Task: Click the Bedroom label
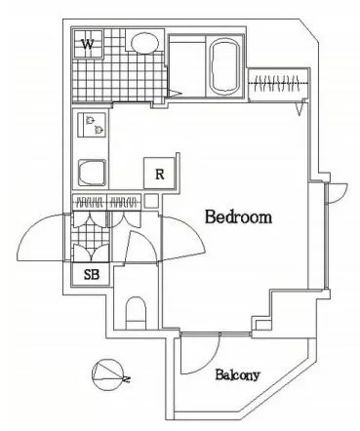click(x=238, y=216)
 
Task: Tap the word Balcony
click(x=237, y=375)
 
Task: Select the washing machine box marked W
click(x=89, y=44)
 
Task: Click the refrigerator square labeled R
click(x=159, y=174)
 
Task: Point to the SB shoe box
click(x=91, y=274)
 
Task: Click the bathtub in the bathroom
click(x=225, y=66)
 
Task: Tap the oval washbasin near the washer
click(x=144, y=43)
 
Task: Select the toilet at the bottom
click(x=136, y=313)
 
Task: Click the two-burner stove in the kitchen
click(x=92, y=125)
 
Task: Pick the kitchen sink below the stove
click(x=92, y=173)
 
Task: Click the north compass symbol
click(x=109, y=374)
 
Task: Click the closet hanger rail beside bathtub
click(x=277, y=84)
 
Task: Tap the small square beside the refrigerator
click(x=151, y=201)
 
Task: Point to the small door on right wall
click(x=337, y=194)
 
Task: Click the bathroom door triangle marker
click(x=175, y=94)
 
